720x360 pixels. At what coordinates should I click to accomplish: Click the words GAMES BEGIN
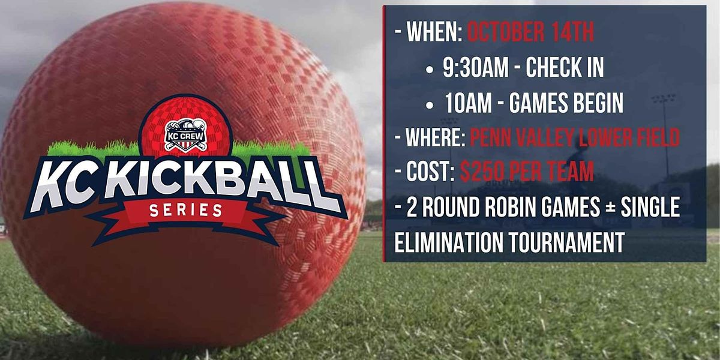[x=566, y=104]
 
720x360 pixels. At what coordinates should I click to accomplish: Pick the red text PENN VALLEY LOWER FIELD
[x=575, y=139]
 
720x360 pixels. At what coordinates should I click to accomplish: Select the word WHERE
[x=434, y=139]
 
